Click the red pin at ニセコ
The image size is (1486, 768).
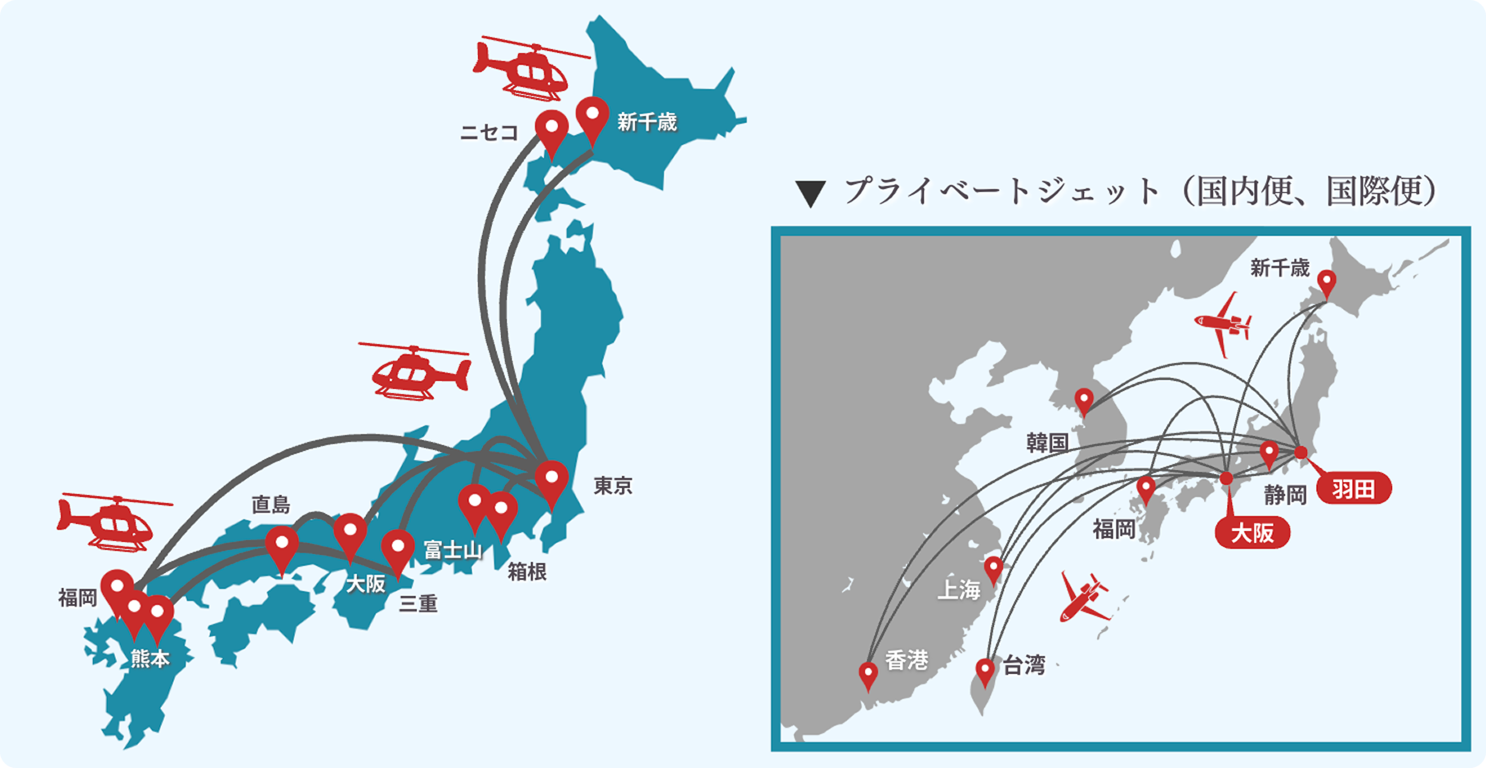(x=552, y=131)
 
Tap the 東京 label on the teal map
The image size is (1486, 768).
(x=613, y=486)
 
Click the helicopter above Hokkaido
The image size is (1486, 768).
(x=527, y=67)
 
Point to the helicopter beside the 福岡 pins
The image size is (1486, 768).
(x=110, y=520)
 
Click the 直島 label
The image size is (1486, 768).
(x=271, y=504)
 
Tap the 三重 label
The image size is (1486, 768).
(x=418, y=604)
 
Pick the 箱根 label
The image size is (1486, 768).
(x=527, y=571)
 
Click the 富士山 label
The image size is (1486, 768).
(x=452, y=551)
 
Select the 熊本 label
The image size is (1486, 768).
(x=150, y=659)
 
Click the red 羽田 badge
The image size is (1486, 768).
(x=1354, y=489)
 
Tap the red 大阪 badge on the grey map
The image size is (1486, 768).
(x=1252, y=533)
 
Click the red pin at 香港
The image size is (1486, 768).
(x=868, y=674)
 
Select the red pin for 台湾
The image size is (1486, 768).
(x=986, y=671)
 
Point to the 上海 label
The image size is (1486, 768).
(x=959, y=590)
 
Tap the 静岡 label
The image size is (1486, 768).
(x=1286, y=494)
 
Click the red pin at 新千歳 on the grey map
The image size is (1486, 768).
(x=1327, y=282)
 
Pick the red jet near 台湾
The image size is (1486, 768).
(x=1084, y=598)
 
